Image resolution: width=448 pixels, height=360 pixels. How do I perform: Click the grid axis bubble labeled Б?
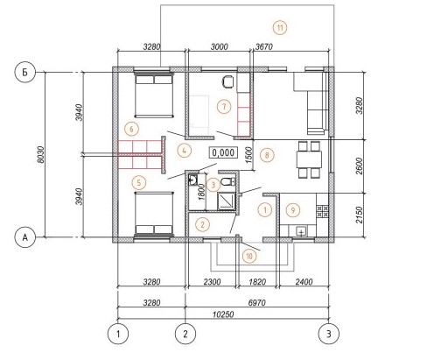pyautogui.click(x=25, y=72)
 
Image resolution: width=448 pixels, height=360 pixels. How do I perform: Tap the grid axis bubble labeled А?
pyautogui.click(x=25, y=237)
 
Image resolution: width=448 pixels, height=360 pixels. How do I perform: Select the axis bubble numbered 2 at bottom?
pyautogui.click(x=185, y=334)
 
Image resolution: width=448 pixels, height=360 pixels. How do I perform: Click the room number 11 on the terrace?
pyautogui.click(x=280, y=28)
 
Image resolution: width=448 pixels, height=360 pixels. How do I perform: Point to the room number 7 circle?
pyautogui.click(x=224, y=107)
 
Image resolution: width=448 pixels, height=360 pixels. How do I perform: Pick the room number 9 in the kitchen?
pyautogui.click(x=293, y=209)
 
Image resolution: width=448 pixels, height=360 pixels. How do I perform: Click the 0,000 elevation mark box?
pyautogui.click(x=223, y=152)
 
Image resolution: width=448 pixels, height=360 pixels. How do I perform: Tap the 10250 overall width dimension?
pyautogui.click(x=223, y=314)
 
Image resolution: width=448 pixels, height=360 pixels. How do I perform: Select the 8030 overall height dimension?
pyautogui.click(x=41, y=154)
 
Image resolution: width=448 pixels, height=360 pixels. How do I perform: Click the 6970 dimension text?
pyautogui.click(x=257, y=302)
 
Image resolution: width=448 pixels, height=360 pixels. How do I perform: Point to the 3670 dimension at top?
pyautogui.click(x=264, y=46)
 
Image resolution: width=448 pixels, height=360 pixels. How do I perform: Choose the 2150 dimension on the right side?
pyautogui.click(x=360, y=215)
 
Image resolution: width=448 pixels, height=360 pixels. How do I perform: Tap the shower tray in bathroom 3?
pyautogui.click(x=227, y=201)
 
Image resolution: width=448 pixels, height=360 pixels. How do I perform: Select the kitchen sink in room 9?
pyautogui.click(x=301, y=231)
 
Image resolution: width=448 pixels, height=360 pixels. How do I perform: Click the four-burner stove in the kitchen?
pyautogui.click(x=322, y=212)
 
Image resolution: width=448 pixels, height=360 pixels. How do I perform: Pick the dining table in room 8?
pyautogui.click(x=309, y=159)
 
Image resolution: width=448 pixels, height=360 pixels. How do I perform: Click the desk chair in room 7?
pyautogui.click(x=228, y=81)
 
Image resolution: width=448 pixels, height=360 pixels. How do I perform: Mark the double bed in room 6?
pyautogui.click(x=154, y=96)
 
